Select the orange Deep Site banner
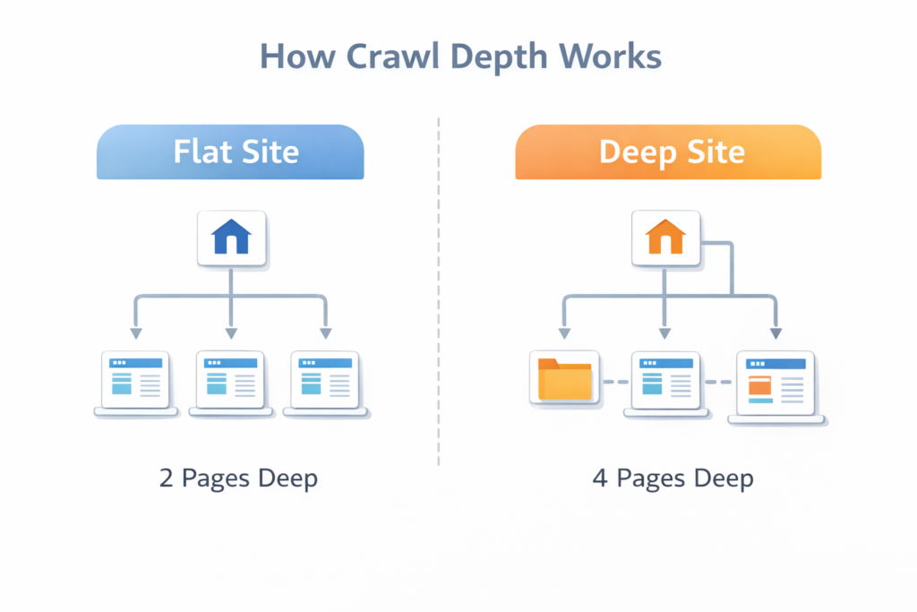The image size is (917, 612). pyautogui.click(x=668, y=151)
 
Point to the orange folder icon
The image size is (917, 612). pyautogui.click(x=564, y=379)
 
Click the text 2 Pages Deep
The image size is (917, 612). pyautogui.click(x=238, y=478)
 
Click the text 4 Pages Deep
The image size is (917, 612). pyautogui.click(x=673, y=478)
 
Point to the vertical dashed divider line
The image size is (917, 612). pyautogui.click(x=439, y=296)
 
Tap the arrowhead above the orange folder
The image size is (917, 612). pyautogui.click(x=564, y=332)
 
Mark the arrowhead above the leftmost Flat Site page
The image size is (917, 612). pyautogui.click(x=135, y=332)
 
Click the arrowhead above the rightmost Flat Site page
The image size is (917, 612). pyautogui.click(x=327, y=332)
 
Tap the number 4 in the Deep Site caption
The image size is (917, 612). pyautogui.click(x=600, y=478)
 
